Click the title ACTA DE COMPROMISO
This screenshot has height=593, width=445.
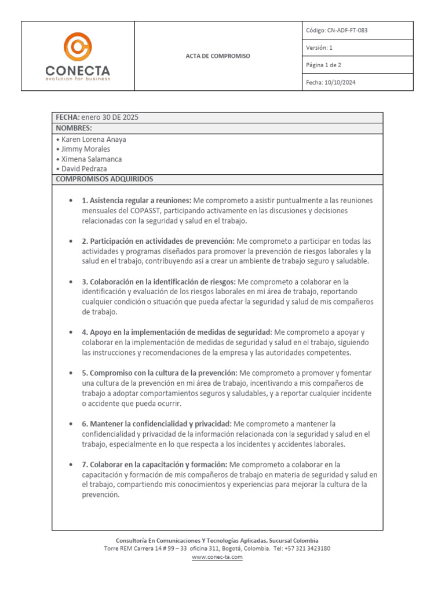tap(217, 56)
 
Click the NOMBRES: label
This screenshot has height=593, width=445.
tap(74, 128)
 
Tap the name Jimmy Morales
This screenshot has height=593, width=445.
tap(86, 149)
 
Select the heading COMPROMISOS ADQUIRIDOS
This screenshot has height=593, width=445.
tap(104, 179)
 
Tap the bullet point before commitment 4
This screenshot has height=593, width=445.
tap(70, 333)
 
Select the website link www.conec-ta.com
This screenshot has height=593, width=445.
tap(217, 557)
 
